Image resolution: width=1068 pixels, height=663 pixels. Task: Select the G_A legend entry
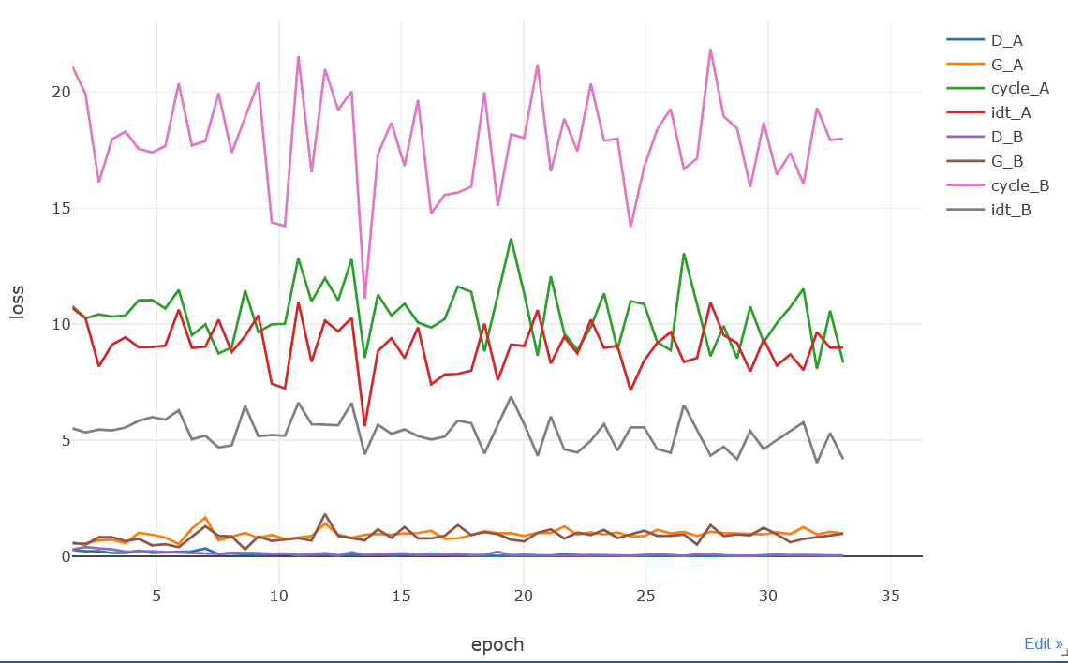tap(1007, 64)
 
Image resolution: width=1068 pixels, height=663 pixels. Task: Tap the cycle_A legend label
tap(1019, 88)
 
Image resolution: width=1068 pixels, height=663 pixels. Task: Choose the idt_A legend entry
tap(1011, 112)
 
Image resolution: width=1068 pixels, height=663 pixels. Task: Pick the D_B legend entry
tap(1007, 137)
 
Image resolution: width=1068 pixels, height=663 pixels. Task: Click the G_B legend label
tap(1007, 161)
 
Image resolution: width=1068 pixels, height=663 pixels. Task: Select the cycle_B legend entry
tap(1019, 185)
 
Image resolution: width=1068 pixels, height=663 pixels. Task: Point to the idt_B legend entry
tap(1011, 210)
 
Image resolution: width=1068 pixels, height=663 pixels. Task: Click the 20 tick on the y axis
tap(61, 92)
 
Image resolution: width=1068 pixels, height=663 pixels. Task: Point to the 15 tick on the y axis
tap(61, 208)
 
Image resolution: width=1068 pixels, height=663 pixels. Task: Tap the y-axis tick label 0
tap(66, 556)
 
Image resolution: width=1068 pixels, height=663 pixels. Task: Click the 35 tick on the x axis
tap(891, 596)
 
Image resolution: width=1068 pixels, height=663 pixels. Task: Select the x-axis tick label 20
tap(524, 596)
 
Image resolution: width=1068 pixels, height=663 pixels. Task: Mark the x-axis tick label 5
tap(156, 596)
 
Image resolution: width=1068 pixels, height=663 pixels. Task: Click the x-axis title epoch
tap(497, 644)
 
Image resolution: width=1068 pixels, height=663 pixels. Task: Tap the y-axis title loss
tap(18, 302)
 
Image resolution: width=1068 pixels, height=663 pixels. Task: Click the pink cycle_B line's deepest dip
tap(364, 298)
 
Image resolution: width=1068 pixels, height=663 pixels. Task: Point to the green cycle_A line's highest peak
tap(511, 239)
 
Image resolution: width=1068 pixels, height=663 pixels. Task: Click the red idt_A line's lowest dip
tap(364, 425)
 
